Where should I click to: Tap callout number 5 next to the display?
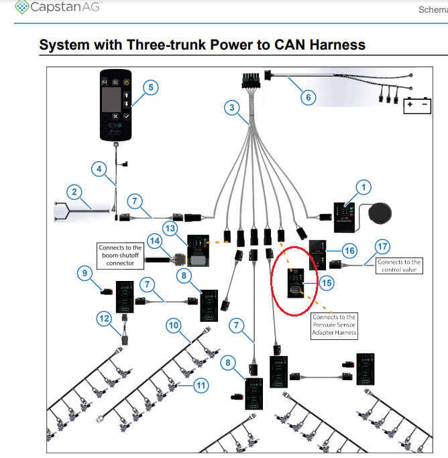coord(151,88)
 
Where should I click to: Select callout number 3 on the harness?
coord(231,107)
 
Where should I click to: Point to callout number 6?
coord(308,97)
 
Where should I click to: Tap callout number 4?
coord(99,169)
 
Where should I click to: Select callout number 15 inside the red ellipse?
coord(327,283)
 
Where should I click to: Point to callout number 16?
coord(349,250)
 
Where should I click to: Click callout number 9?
coord(84,273)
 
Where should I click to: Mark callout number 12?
coord(103,319)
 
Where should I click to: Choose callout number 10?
coord(174,326)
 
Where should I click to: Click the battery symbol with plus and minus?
coord(416,106)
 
